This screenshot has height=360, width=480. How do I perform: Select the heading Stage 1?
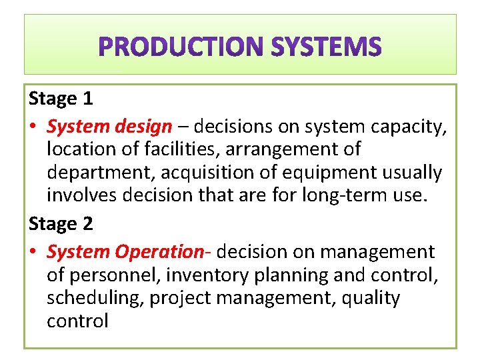pos(61,99)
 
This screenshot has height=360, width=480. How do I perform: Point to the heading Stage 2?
pos(61,224)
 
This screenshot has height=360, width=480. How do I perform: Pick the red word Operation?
pos(159,251)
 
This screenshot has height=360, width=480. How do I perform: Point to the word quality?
pos(370,298)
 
